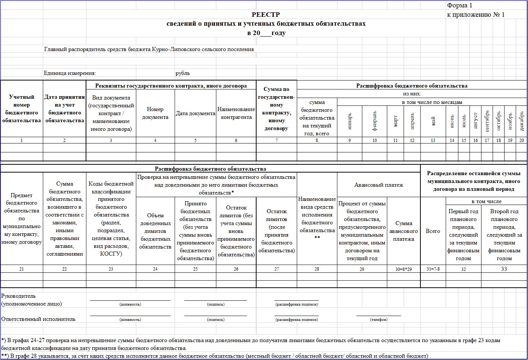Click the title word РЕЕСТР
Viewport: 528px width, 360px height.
(x=265, y=15)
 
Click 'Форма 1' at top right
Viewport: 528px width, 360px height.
(x=459, y=5)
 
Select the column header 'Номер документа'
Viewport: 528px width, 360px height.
(x=155, y=113)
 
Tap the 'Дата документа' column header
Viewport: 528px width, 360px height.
(x=195, y=113)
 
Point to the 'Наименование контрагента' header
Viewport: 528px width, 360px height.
(x=236, y=113)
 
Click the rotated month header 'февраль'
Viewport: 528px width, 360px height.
(x=375, y=121)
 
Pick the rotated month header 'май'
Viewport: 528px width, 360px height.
(x=433, y=121)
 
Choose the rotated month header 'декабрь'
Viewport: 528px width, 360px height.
(x=522, y=121)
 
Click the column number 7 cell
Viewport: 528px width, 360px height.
(x=277, y=140)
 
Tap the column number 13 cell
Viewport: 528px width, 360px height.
(x=433, y=140)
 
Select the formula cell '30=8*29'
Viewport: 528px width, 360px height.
(x=404, y=269)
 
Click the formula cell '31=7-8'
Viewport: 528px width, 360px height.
(x=433, y=269)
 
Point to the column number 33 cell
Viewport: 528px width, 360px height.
(x=504, y=269)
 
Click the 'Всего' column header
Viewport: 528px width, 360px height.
(x=433, y=231)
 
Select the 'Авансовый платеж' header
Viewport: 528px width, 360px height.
(x=379, y=185)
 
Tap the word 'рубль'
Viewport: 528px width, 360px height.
(x=183, y=73)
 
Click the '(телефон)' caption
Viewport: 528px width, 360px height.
(x=379, y=320)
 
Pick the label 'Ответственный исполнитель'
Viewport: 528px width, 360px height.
(x=38, y=319)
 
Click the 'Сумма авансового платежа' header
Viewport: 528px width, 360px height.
(x=404, y=231)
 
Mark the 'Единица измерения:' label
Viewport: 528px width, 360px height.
(x=70, y=73)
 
